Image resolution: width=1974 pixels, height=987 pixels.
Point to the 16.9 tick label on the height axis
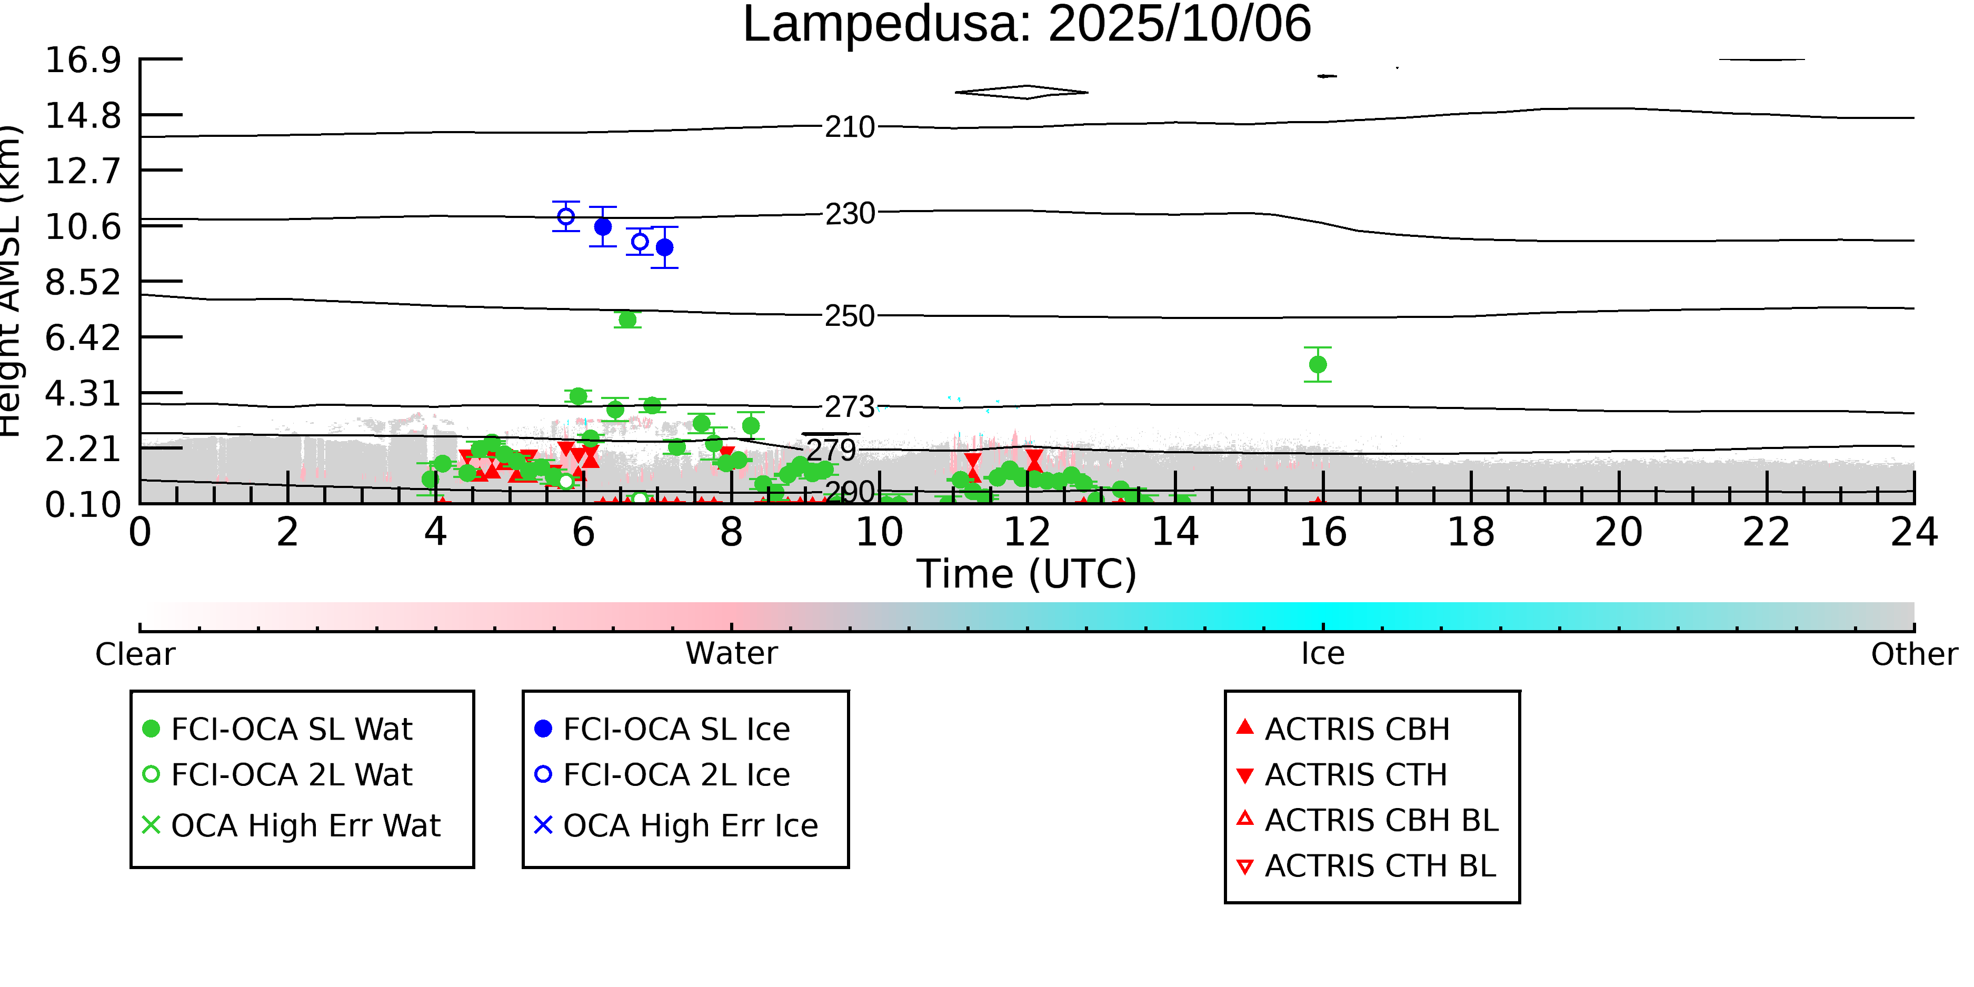pyautogui.click(x=83, y=60)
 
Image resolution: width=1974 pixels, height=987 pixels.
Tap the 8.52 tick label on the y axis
pyautogui.click(x=83, y=283)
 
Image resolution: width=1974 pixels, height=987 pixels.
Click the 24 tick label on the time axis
pyautogui.click(x=1913, y=532)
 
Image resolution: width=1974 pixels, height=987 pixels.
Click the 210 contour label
pyautogui.click(x=849, y=127)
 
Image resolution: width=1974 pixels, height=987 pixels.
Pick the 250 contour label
pyautogui.click(x=849, y=316)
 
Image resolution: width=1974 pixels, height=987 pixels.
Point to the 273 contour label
pyautogui.click(x=849, y=407)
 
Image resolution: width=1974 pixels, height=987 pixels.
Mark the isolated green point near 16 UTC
pyautogui.click(x=1317, y=365)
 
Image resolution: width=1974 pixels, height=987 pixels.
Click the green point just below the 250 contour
pyautogui.click(x=627, y=320)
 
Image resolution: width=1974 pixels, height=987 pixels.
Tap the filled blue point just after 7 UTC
pyautogui.click(x=664, y=247)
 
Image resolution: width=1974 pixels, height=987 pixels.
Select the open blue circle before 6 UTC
pyautogui.click(x=565, y=217)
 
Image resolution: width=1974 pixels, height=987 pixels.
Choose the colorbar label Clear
pyautogui.click(x=135, y=654)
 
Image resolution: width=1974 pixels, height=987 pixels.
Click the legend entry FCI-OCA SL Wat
pyautogui.click(x=291, y=729)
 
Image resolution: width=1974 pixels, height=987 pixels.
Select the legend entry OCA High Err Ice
pyautogui.click(x=690, y=825)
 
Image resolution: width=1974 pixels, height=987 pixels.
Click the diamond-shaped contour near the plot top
pyautogui.click(x=1022, y=92)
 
